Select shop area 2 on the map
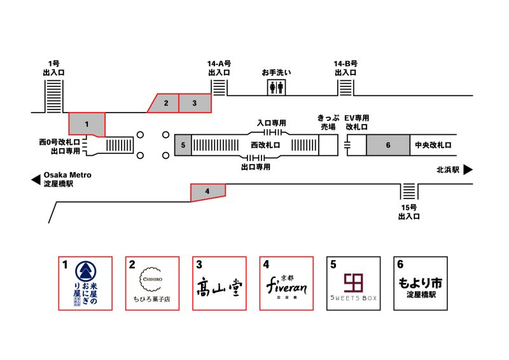click(x=165, y=102)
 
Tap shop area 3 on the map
click(x=195, y=102)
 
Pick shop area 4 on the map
click(x=208, y=191)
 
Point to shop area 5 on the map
click(x=183, y=145)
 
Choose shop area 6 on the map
click(x=387, y=145)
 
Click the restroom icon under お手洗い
click(x=276, y=87)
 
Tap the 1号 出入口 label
click(x=53, y=68)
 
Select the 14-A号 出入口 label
click(x=219, y=68)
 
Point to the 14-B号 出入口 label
click(x=346, y=68)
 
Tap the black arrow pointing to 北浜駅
click(x=468, y=170)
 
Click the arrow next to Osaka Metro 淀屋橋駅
click(x=36, y=180)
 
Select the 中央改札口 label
click(x=433, y=145)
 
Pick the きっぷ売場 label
click(x=328, y=122)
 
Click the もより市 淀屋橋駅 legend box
click(x=420, y=283)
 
